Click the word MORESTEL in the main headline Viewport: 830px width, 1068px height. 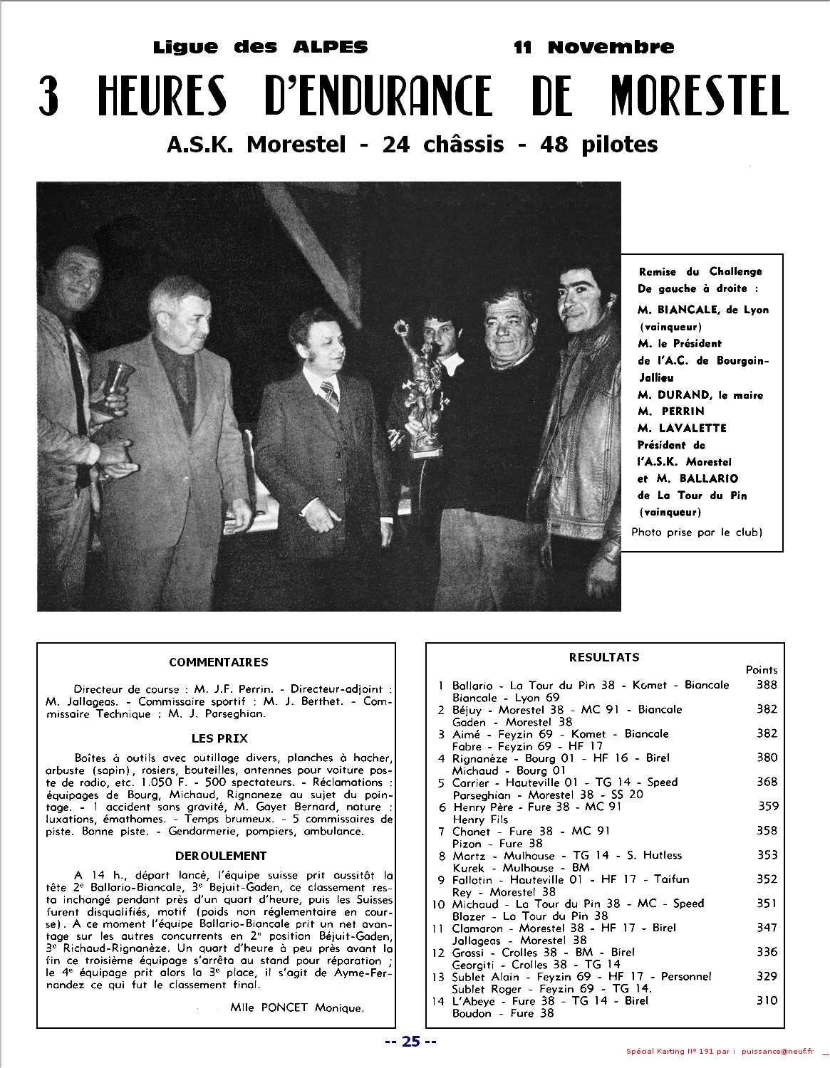(x=700, y=96)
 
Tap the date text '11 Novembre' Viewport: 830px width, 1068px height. (x=593, y=48)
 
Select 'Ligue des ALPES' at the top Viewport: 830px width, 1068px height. (x=260, y=48)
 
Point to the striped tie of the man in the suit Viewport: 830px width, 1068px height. (x=329, y=395)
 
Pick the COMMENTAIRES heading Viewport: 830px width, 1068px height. (x=218, y=662)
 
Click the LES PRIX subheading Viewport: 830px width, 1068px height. (x=219, y=738)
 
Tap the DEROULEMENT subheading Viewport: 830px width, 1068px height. (x=220, y=856)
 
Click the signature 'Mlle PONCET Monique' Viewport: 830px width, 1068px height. (x=297, y=1007)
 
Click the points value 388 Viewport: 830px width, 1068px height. (x=767, y=685)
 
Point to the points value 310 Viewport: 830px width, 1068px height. (x=767, y=1000)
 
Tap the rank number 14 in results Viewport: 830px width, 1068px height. (x=438, y=1000)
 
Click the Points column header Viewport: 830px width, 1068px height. (x=761, y=670)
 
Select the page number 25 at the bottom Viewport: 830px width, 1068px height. (x=410, y=1042)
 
